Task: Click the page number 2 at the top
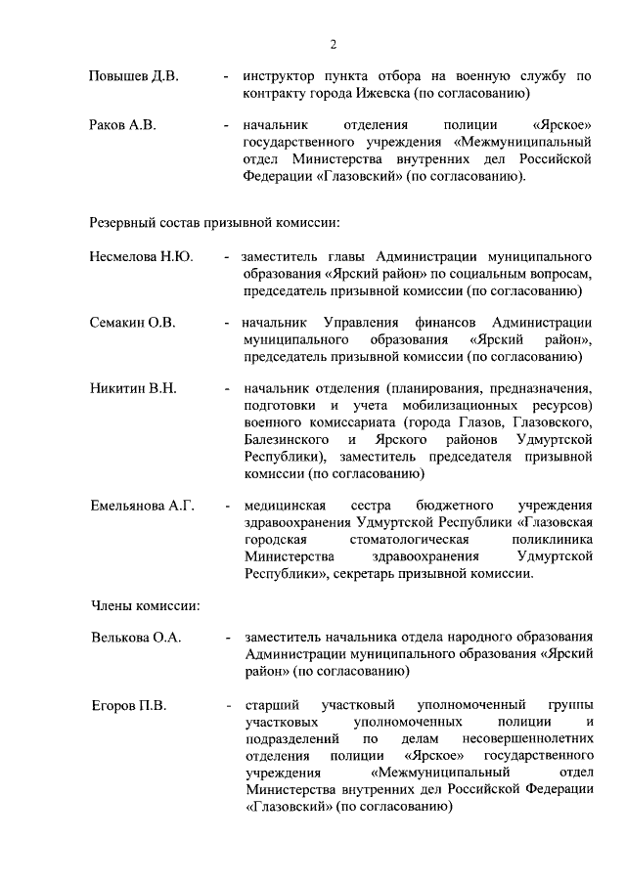pyautogui.click(x=333, y=44)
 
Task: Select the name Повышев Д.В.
pyautogui.click(x=133, y=76)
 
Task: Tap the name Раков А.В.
pyautogui.click(x=123, y=126)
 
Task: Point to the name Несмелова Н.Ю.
pyautogui.click(x=141, y=257)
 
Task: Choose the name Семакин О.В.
pyautogui.click(x=133, y=323)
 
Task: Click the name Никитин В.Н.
pyautogui.click(x=133, y=389)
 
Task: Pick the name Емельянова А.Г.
pyautogui.click(x=143, y=506)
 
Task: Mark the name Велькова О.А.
pyautogui.click(x=136, y=638)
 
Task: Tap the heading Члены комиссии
pyautogui.click(x=145, y=605)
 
